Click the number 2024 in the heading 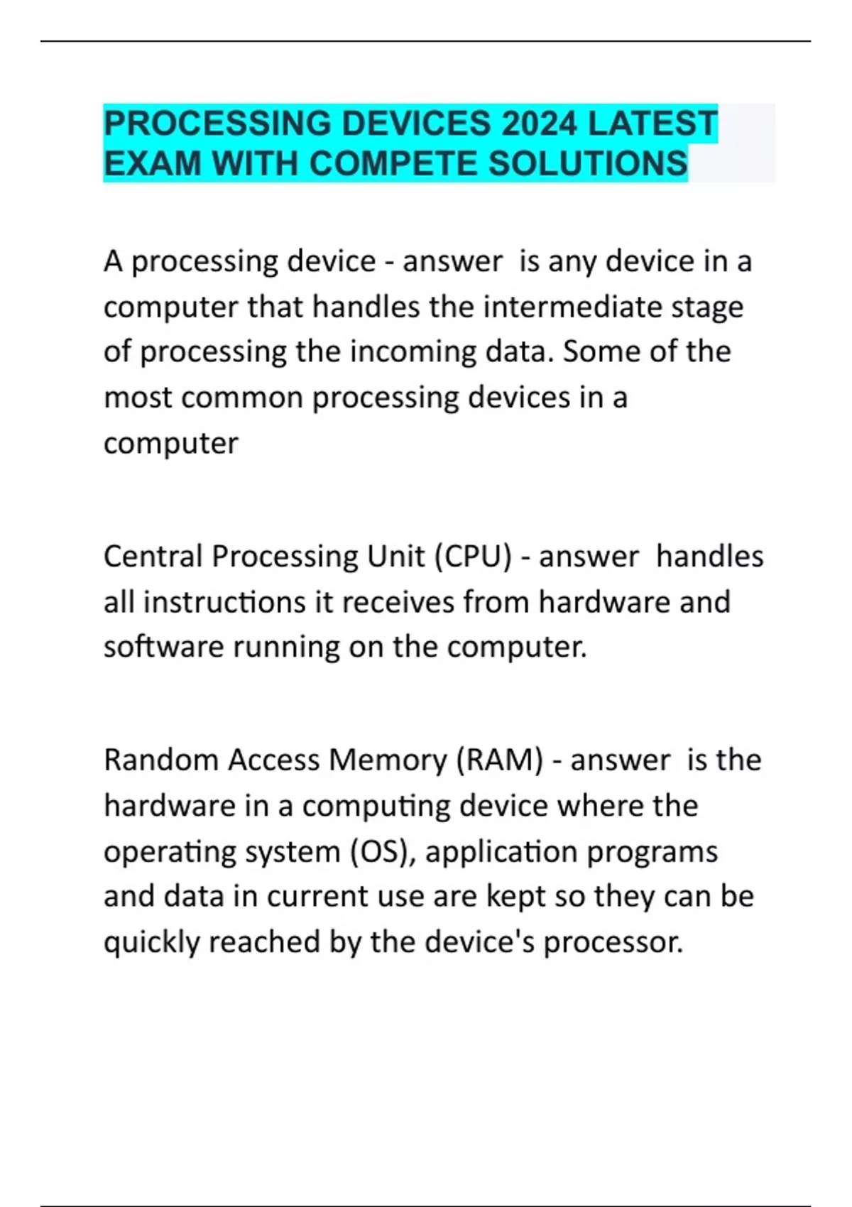pyautogui.click(x=539, y=124)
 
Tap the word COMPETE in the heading pyautogui.click(x=393, y=164)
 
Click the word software pyautogui.click(x=163, y=647)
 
